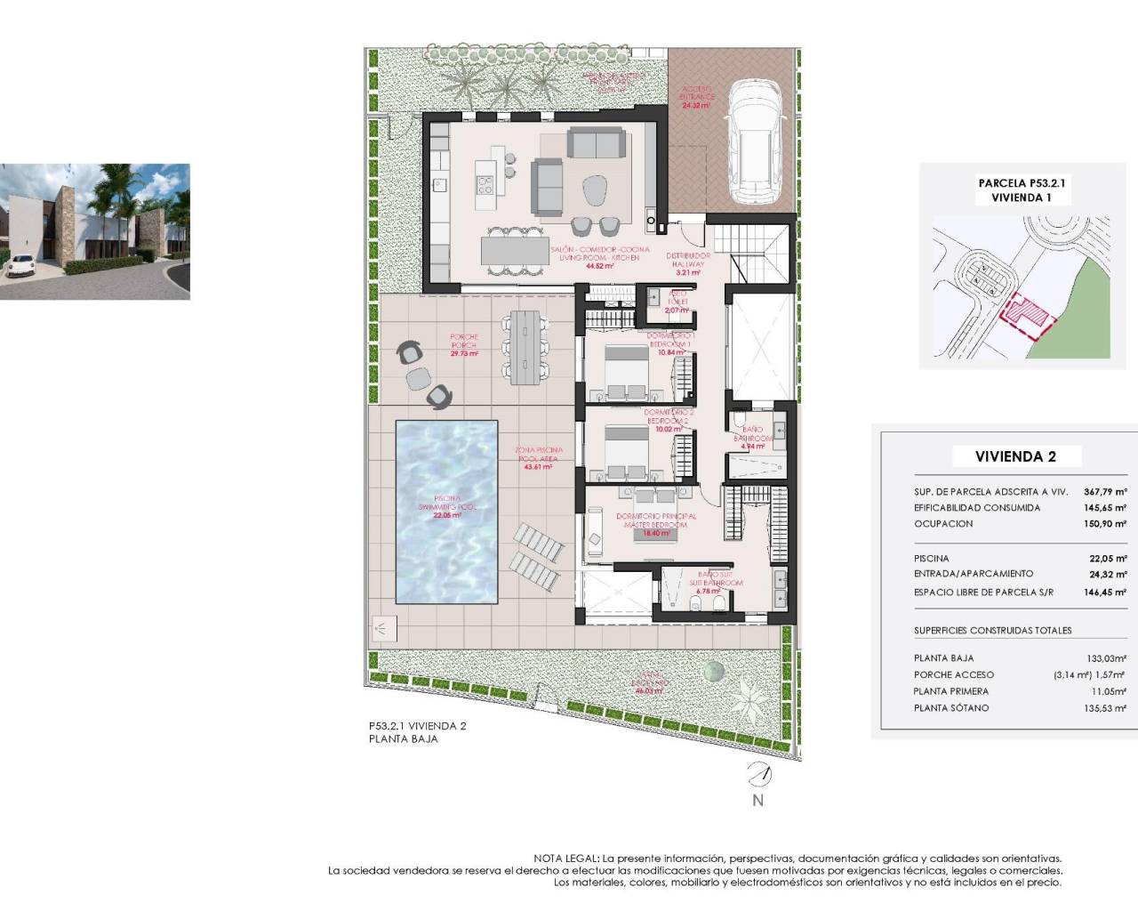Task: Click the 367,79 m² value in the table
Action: [1105, 491]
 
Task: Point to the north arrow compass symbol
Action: [757, 776]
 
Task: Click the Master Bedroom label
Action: [656, 520]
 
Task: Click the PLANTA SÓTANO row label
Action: [950, 708]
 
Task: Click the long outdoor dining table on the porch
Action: [525, 346]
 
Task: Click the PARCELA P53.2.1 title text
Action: [1022, 182]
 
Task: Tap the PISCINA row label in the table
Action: [931, 558]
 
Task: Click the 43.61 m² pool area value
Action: [537, 466]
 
